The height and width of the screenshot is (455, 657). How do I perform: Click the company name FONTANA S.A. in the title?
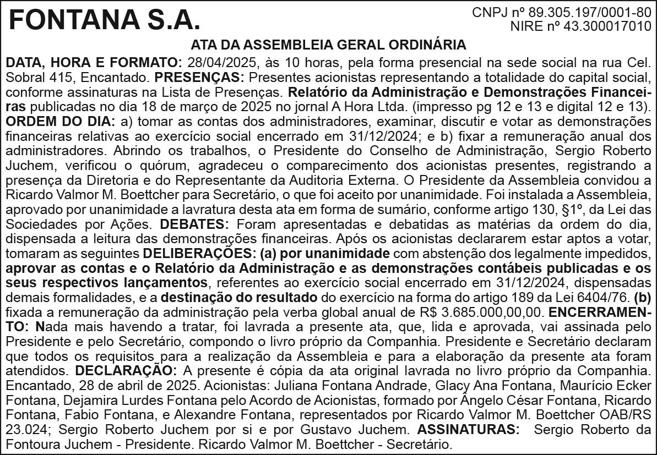tap(104, 21)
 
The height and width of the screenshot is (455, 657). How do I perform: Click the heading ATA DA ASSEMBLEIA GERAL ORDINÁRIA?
tap(328, 45)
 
